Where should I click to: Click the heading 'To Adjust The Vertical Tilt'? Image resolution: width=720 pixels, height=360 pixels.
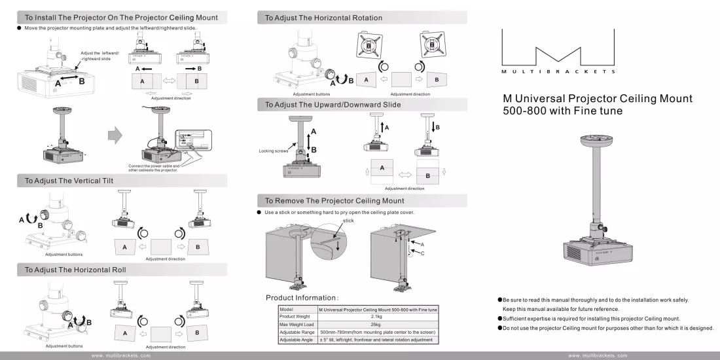(69, 181)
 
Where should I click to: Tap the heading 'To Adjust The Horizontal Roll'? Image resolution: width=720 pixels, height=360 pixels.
(75, 270)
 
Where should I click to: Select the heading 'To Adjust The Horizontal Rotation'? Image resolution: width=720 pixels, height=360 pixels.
(323, 18)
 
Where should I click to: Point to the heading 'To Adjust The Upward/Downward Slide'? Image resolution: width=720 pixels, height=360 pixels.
(333, 105)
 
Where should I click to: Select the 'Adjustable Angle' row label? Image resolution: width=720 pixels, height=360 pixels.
(296, 340)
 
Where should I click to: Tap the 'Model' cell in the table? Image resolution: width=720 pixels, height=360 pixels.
(287, 310)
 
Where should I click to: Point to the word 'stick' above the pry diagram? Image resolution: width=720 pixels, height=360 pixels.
(348, 221)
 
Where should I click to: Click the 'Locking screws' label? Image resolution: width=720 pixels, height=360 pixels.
(273, 151)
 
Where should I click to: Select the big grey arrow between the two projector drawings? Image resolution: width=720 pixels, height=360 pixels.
(115, 135)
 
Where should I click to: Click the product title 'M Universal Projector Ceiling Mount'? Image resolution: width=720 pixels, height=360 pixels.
(598, 98)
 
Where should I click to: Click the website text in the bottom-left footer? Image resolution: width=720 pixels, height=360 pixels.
(121, 355)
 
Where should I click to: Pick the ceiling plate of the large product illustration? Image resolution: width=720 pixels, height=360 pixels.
(597, 139)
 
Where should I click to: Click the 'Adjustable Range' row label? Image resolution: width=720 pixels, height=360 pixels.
(297, 332)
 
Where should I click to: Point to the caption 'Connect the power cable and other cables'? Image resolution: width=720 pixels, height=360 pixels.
(154, 168)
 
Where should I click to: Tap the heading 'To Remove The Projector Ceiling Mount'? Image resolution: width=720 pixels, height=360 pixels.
(334, 201)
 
